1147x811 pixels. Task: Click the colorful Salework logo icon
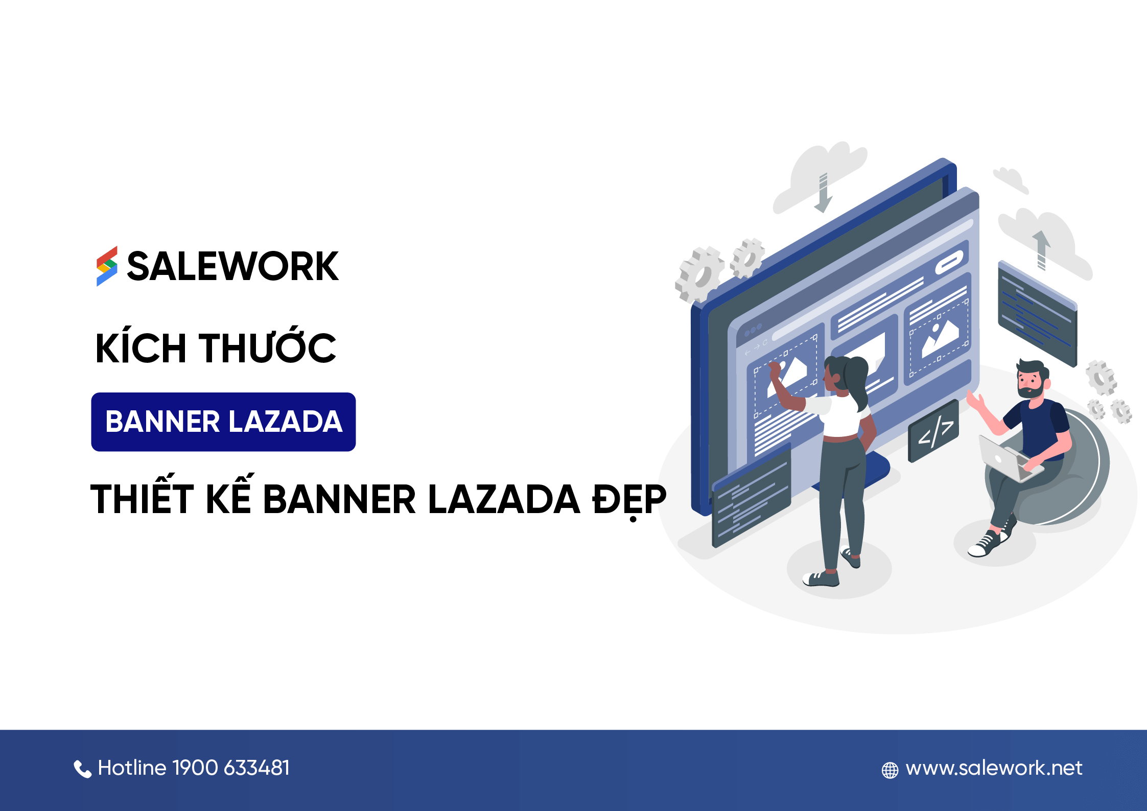(x=107, y=266)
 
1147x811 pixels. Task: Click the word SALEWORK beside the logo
(x=232, y=266)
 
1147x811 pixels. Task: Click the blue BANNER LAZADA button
(x=223, y=422)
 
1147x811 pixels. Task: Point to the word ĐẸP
(x=629, y=499)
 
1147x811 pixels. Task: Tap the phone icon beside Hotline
(x=82, y=769)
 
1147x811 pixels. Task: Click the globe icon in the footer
(x=889, y=770)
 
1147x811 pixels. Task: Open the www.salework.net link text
(x=994, y=768)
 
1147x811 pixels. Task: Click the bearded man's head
(x=1031, y=379)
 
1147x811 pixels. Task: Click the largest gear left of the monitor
(x=699, y=274)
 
